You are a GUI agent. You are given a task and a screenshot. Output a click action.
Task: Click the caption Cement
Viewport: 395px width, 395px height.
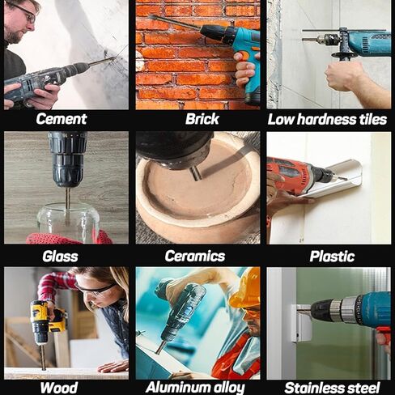pos(62,119)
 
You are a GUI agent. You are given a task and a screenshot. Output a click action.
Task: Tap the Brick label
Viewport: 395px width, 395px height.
pos(202,119)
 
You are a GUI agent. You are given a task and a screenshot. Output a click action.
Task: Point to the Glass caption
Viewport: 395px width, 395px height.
pos(60,256)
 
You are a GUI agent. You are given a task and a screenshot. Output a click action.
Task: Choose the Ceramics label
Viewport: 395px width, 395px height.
pos(195,256)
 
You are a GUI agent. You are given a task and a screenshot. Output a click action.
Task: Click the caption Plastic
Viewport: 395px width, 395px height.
pos(332,256)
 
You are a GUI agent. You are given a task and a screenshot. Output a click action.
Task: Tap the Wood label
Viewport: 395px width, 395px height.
pos(59,388)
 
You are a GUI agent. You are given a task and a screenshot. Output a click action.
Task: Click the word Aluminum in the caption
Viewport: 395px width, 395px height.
pos(178,388)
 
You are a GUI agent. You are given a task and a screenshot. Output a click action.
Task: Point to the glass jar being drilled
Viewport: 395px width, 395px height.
pos(68,222)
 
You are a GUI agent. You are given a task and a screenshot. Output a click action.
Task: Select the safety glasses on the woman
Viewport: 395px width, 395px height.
pos(96,289)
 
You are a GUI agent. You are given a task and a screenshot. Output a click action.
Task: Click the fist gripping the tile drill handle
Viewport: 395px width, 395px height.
pos(341,75)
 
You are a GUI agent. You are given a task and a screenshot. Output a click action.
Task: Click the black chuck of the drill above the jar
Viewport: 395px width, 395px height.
pos(67,159)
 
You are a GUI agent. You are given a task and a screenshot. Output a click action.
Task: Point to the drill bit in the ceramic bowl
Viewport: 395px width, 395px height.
pos(196,175)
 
